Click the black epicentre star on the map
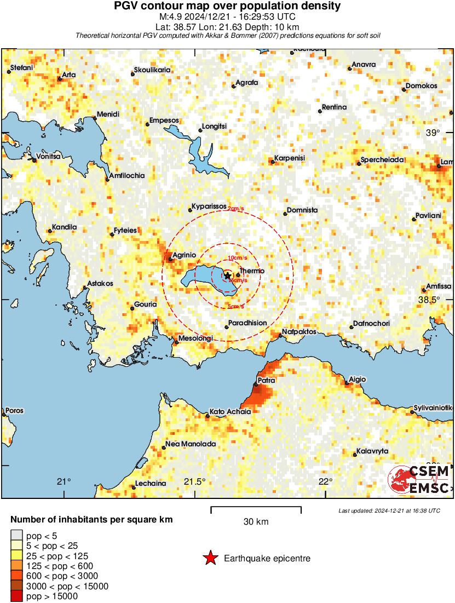tap(228, 275)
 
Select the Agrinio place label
tap(185, 255)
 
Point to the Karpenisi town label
tap(290, 158)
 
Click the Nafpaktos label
tap(296, 332)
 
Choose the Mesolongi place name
tap(195, 338)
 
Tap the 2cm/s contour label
tap(236, 209)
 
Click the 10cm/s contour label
tap(237, 257)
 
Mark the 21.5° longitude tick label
tap(194, 481)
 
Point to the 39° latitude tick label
tap(433, 133)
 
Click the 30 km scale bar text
tap(256, 522)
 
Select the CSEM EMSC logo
tap(419, 479)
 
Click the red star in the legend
tap(210, 559)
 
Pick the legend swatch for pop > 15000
tap(17, 596)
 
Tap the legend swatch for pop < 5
tap(17, 536)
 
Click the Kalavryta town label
tap(372, 451)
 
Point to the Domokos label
tap(421, 87)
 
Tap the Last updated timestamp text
tap(389, 510)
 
